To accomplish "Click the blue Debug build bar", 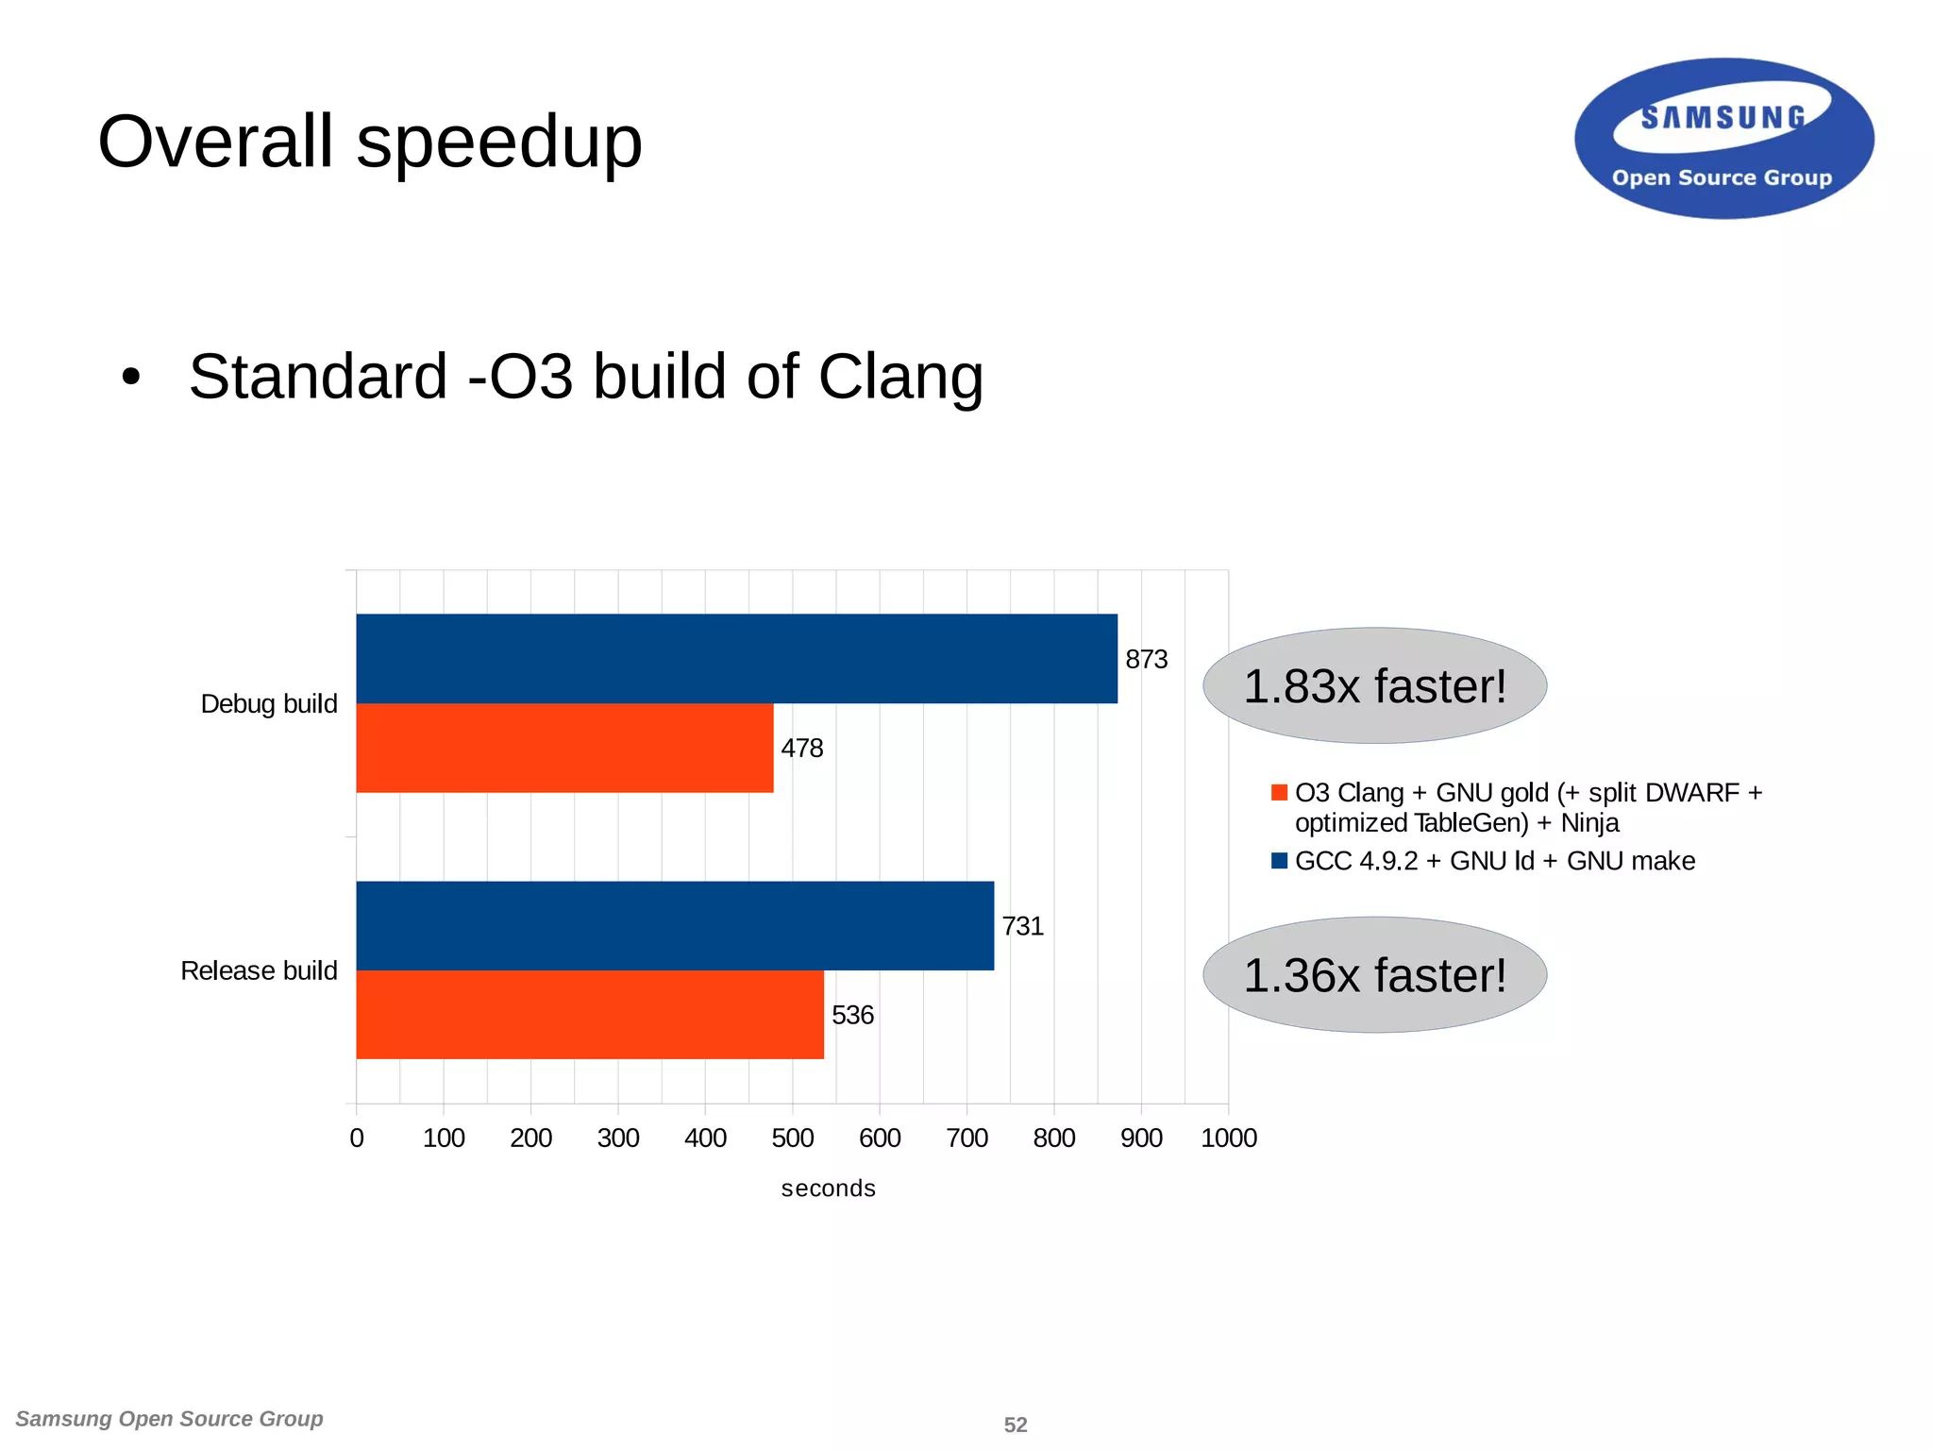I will (x=736, y=658).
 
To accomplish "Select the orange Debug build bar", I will (x=564, y=748).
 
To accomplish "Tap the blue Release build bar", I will (x=675, y=925).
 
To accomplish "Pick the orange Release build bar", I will (x=590, y=1015).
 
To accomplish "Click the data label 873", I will (x=1146, y=659).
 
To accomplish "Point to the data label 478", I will (x=801, y=748).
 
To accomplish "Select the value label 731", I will (x=1022, y=926).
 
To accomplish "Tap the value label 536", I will (x=852, y=1015).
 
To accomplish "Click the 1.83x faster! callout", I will (x=1374, y=686).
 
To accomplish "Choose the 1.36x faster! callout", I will (x=1374, y=975).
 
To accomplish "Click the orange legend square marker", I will (x=1279, y=792).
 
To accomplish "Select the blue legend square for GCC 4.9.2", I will (x=1279, y=860).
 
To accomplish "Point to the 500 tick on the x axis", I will (x=792, y=1138).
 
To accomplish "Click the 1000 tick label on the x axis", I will (x=1228, y=1138).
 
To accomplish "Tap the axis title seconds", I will (x=828, y=1189).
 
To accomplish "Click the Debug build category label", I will (x=269, y=703).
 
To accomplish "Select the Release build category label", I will (x=259, y=970).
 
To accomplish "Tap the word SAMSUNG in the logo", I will (x=1723, y=118).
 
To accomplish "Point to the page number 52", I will (x=1015, y=1425).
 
